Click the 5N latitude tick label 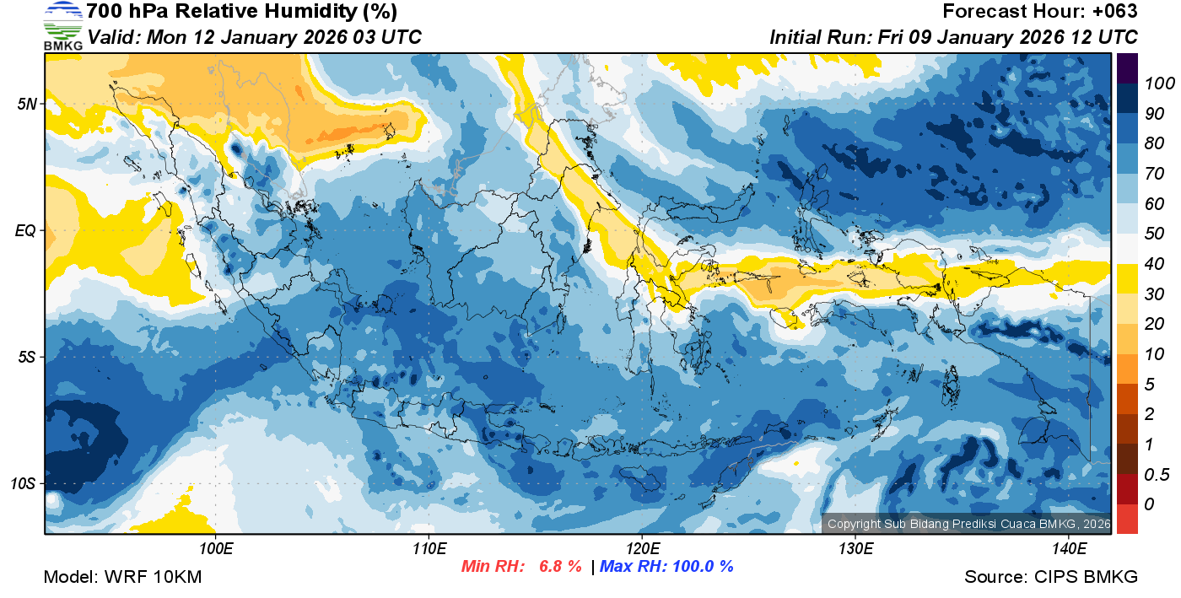(x=27, y=104)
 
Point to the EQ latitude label (x=27, y=230)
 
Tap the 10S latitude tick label (x=24, y=484)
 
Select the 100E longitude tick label (x=216, y=549)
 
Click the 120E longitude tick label (x=642, y=549)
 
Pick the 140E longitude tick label (x=1068, y=549)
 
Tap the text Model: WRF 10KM (x=122, y=577)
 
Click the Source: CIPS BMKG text (x=1051, y=577)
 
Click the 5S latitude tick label (x=27, y=357)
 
